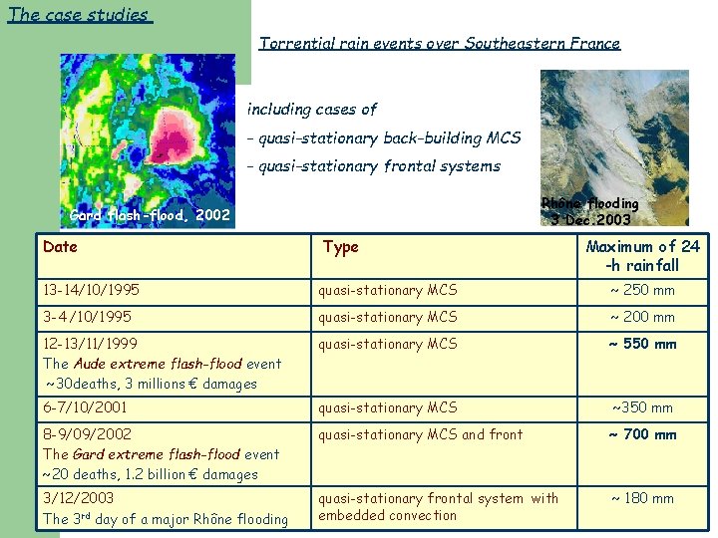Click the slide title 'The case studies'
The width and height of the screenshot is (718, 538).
[78, 15]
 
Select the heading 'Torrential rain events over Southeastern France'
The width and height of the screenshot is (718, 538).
[439, 44]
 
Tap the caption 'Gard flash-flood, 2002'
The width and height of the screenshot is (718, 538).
[150, 215]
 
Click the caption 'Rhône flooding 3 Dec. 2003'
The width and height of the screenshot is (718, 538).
[590, 211]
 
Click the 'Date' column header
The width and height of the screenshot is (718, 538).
[60, 246]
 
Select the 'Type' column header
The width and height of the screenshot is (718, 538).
[340, 247]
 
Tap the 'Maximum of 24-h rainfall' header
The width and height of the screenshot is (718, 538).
[642, 256]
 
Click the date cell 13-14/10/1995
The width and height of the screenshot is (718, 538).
[91, 290]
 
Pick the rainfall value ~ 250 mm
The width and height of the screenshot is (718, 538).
[642, 290]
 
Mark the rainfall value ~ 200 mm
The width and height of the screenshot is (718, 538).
[642, 317]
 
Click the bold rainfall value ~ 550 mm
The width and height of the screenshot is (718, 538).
[642, 344]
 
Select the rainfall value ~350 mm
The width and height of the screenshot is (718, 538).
[642, 407]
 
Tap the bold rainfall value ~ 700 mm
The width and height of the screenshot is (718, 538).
[642, 434]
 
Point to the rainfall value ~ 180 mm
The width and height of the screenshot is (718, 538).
[642, 498]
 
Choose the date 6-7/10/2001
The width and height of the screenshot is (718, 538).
[85, 407]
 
